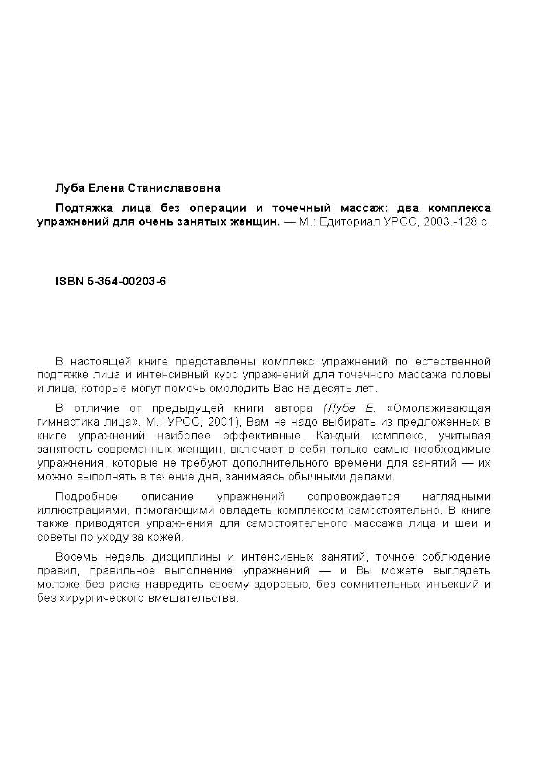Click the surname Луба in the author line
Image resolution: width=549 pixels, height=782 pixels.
click(x=69, y=188)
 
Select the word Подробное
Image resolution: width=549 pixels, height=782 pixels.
click(x=86, y=497)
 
